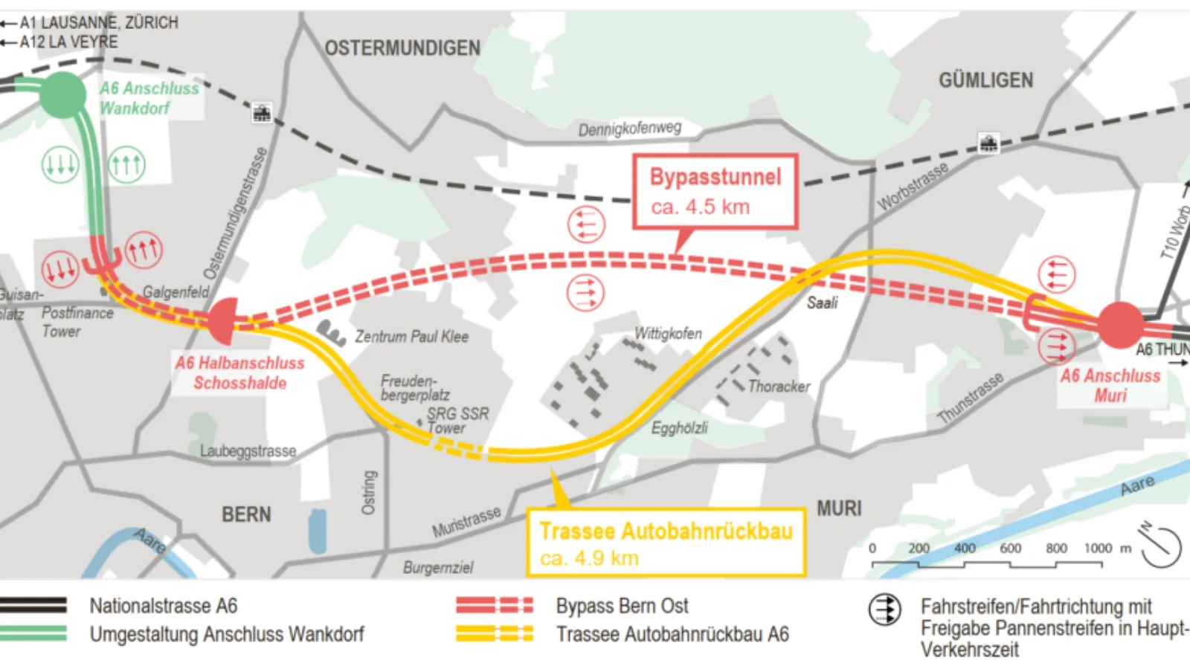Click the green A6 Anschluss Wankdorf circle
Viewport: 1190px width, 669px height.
point(62,94)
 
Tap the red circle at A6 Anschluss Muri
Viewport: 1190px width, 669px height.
point(1120,325)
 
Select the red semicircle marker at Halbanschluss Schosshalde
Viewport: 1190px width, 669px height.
point(223,321)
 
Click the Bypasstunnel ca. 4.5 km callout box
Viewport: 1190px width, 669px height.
point(715,191)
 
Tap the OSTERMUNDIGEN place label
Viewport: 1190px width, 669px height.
point(402,48)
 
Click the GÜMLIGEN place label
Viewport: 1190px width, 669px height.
point(985,80)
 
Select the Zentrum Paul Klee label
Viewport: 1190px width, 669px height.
point(411,337)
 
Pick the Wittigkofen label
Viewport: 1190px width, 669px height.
point(668,334)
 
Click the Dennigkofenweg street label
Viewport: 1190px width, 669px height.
point(629,129)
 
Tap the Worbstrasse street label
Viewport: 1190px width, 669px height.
point(913,187)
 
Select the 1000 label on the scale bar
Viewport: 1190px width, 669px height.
point(1098,549)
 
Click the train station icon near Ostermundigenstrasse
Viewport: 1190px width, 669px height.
point(262,113)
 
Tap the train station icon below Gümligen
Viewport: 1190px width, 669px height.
point(988,143)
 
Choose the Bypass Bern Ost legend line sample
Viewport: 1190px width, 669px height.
point(495,606)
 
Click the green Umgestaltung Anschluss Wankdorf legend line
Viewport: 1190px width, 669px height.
point(33,634)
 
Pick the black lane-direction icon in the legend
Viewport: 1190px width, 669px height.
point(885,610)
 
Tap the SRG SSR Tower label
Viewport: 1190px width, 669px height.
point(457,421)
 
